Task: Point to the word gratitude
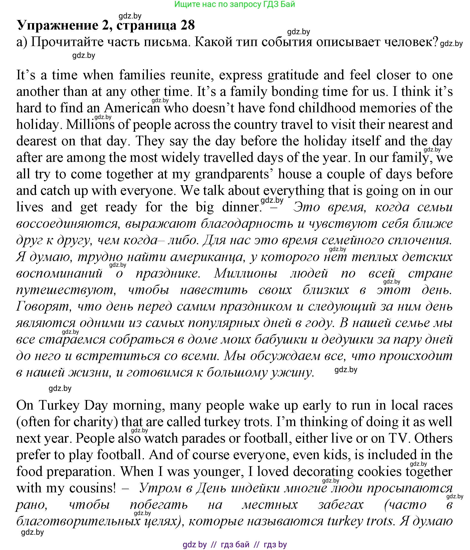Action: click(x=293, y=75)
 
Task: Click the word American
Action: click(x=132, y=108)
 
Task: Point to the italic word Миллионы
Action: click(x=246, y=273)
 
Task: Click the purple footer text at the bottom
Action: click(x=235, y=545)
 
